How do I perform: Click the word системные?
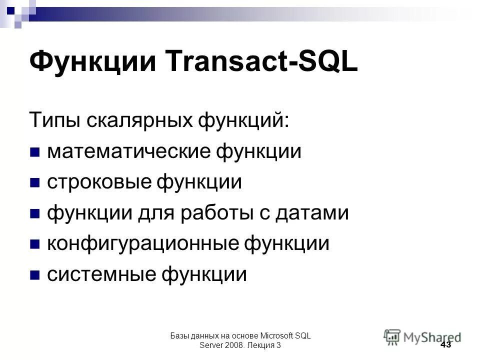[x=103, y=274]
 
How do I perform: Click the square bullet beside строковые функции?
[x=35, y=183]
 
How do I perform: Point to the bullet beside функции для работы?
[x=35, y=214]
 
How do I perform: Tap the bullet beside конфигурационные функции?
[x=35, y=244]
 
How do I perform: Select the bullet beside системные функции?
[x=35, y=275]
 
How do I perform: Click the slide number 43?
[x=446, y=345]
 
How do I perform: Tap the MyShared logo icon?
[x=392, y=336]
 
